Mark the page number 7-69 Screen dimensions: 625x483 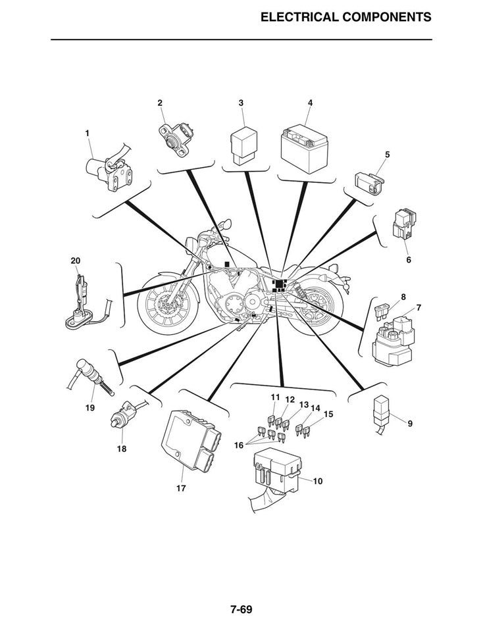241,609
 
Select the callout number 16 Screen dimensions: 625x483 238,445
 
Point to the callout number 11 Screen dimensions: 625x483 275,397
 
